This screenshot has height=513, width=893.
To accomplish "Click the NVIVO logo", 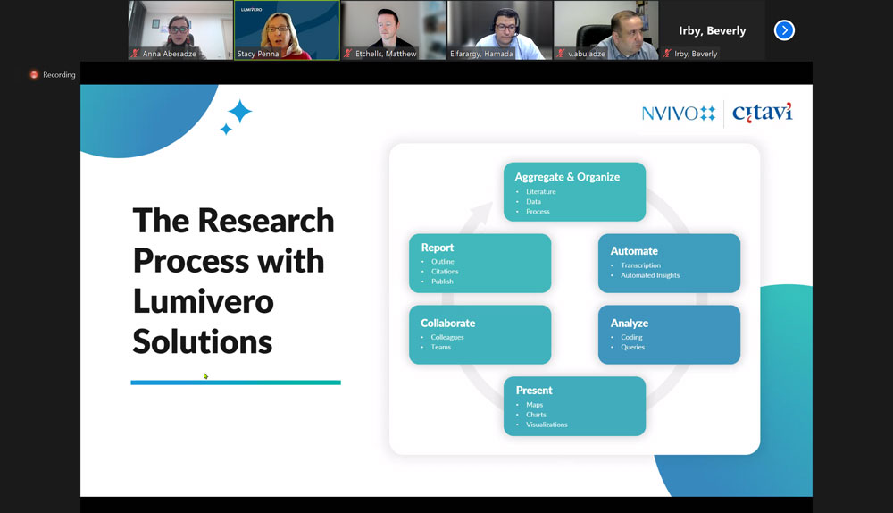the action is [679, 114].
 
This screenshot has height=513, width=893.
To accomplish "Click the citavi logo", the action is [762, 113].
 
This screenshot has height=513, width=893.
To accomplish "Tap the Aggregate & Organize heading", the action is [567, 177].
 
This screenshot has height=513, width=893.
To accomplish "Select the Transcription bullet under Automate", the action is [640, 265].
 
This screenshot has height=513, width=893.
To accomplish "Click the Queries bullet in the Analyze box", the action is [633, 347].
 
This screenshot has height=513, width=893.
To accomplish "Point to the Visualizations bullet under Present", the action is [547, 425].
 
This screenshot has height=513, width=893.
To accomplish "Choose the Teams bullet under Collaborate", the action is [441, 347].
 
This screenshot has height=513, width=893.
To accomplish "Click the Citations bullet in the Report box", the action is [445, 272].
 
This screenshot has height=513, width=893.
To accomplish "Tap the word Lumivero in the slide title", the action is [204, 301].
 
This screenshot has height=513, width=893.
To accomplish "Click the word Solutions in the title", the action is [203, 341].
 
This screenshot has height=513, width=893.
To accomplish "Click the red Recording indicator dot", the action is [34, 75].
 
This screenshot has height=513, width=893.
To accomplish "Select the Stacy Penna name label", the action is [258, 54].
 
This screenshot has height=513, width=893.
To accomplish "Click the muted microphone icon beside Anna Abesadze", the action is [135, 54].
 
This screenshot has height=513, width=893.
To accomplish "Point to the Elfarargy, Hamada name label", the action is [481, 54].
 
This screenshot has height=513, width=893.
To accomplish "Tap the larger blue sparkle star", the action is [239, 111].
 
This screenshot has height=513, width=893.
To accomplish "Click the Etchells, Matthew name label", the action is [386, 54].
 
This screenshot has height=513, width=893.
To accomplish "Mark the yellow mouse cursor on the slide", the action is [205, 375].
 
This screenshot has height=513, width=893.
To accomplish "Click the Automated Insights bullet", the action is [650, 274].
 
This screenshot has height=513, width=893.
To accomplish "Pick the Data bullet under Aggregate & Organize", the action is [534, 201].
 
